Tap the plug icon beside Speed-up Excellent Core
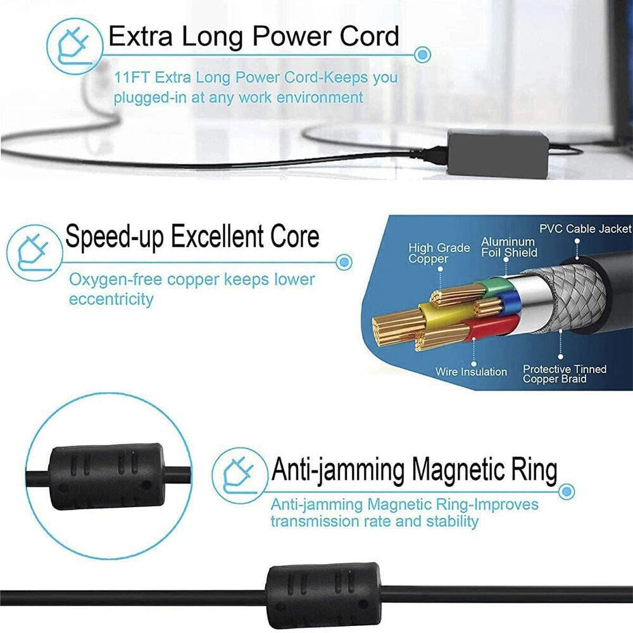tap(34, 253)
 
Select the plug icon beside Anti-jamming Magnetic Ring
tap(239, 475)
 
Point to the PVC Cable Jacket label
tap(586, 229)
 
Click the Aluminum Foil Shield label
tap(509, 247)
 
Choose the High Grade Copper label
tap(439, 253)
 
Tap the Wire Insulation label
tap(471, 372)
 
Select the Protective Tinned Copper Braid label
tap(565, 374)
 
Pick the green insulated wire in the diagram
tap(491, 287)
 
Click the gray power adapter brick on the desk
tap(498, 152)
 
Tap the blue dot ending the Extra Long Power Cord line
tap(422, 54)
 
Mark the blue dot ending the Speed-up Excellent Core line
tap(344, 262)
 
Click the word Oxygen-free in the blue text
tap(115, 279)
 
